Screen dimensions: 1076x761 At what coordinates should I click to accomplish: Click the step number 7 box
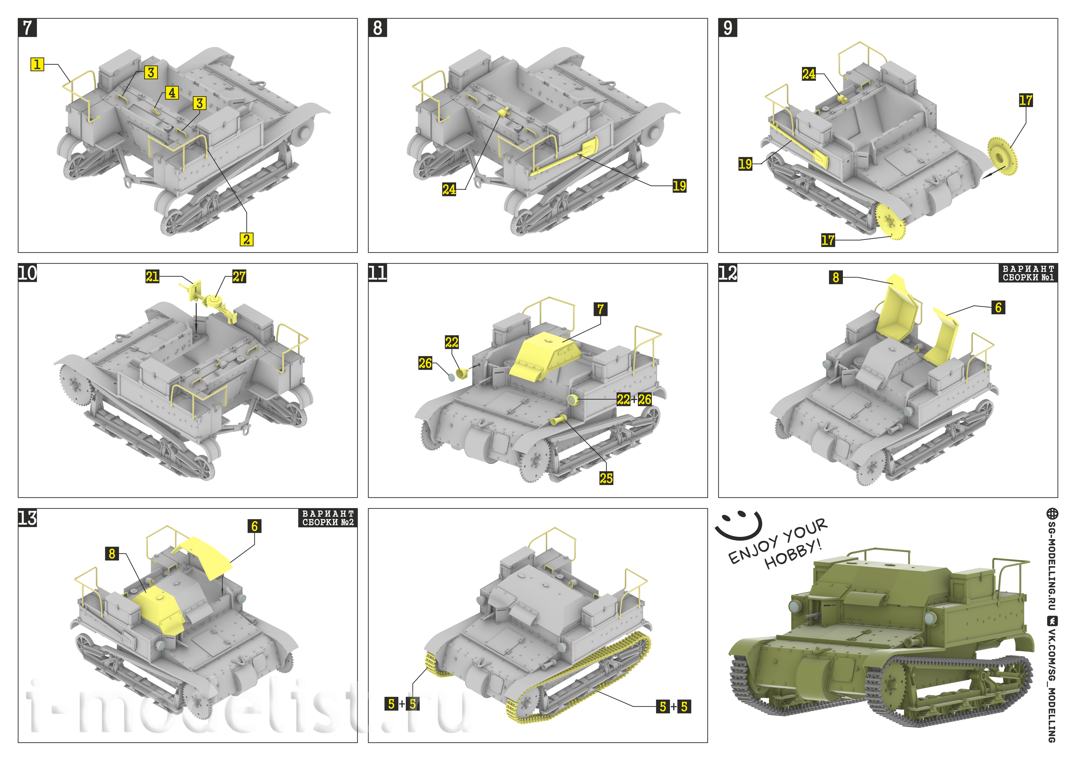coord(27,28)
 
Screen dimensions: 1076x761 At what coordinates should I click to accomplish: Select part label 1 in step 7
coord(37,64)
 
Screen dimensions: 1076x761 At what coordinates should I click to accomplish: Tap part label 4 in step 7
coord(172,93)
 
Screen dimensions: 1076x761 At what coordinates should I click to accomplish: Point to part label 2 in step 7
coord(247,239)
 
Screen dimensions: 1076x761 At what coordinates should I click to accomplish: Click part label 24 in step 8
coord(449,189)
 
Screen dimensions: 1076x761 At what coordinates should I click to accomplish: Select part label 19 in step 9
coord(745,164)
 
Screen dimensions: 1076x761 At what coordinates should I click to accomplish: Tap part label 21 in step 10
coord(152,277)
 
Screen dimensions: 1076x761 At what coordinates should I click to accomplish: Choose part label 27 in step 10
coord(239,277)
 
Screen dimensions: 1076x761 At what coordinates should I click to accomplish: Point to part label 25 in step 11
coord(606,478)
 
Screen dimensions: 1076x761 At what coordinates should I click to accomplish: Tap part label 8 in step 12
coord(836,277)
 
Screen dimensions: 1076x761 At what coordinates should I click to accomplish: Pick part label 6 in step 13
coord(255,526)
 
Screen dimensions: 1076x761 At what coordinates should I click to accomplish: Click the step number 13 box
coord(27,518)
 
